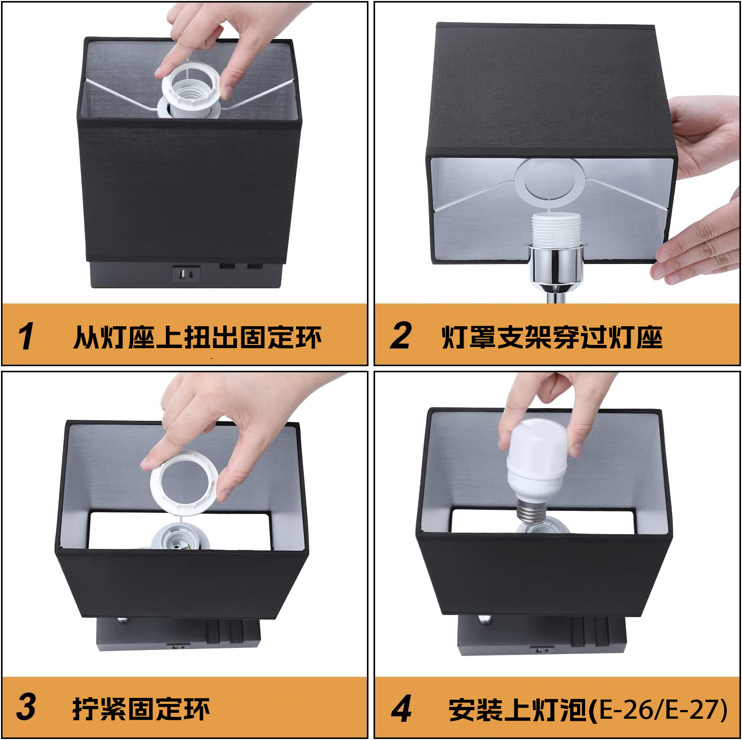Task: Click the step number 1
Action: pos(26,336)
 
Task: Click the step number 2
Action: pos(400,335)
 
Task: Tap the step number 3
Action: pos(26,707)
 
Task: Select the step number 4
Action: pos(401,709)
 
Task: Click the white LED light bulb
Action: pos(537,458)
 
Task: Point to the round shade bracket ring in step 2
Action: pos(548,180)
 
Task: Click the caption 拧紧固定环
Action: pos(141,709)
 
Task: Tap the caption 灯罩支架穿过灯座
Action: pos(552,337)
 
